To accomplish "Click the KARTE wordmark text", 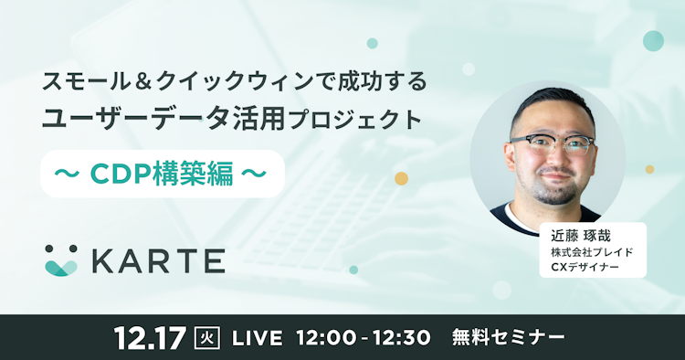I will point(158,260).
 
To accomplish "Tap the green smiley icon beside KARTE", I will point(62,260).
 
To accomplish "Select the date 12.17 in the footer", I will point(151,336).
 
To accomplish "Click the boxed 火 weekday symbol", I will point(207,337).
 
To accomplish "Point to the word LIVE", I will point(257,337).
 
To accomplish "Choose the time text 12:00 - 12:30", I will point(363,337).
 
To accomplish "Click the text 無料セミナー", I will point(508,337).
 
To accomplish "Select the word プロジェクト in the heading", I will point(372,119).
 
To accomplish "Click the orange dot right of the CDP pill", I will point(401,177).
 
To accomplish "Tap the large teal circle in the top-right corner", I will point(653,40).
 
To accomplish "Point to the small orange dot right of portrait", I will point(650,169).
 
